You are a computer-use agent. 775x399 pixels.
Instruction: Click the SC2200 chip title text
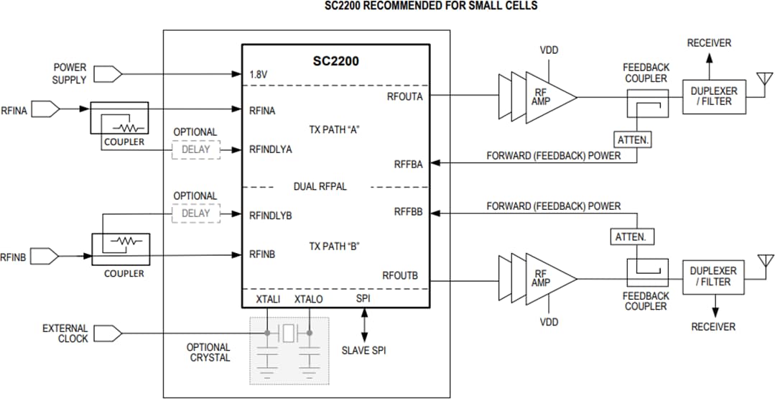click(x=335, y=61)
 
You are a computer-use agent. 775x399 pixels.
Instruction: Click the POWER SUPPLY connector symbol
click(x=108, y=73)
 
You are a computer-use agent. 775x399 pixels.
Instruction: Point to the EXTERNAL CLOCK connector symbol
click(x=108, y=333)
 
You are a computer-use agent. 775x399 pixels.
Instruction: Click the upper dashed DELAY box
click(x=195, y=150)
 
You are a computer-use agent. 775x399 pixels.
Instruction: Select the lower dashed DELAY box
click(x=195, y=213)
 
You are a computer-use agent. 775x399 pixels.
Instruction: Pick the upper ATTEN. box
click(x=633, y=140)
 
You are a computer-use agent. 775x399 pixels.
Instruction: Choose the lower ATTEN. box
click(x=630, y=237)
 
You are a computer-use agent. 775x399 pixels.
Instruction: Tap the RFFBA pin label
click(x=408, y=164)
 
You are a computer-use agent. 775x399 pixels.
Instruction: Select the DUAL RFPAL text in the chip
click(x=320, y=186)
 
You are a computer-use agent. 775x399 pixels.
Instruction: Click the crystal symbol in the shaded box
click(x=289, y=333)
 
